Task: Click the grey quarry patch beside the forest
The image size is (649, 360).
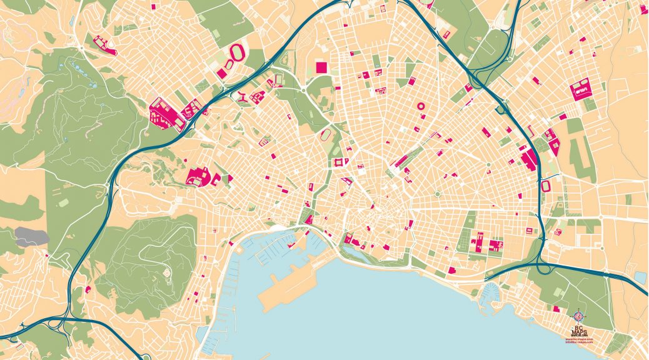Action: click(x=31, y=236)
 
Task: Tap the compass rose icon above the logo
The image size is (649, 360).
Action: click(x=578, y=316)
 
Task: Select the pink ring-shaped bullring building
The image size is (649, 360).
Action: click(x=420, y=106)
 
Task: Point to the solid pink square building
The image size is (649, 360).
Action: click(x=321, y=67)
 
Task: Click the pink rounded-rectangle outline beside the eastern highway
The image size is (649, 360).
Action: click(x=546, y=186)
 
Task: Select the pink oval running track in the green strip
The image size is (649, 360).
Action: click(x=325, y=134)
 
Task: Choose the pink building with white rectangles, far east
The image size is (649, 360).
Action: click(x=580, y=90)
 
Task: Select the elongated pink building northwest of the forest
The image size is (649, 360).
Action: click(x=104, y=46)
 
